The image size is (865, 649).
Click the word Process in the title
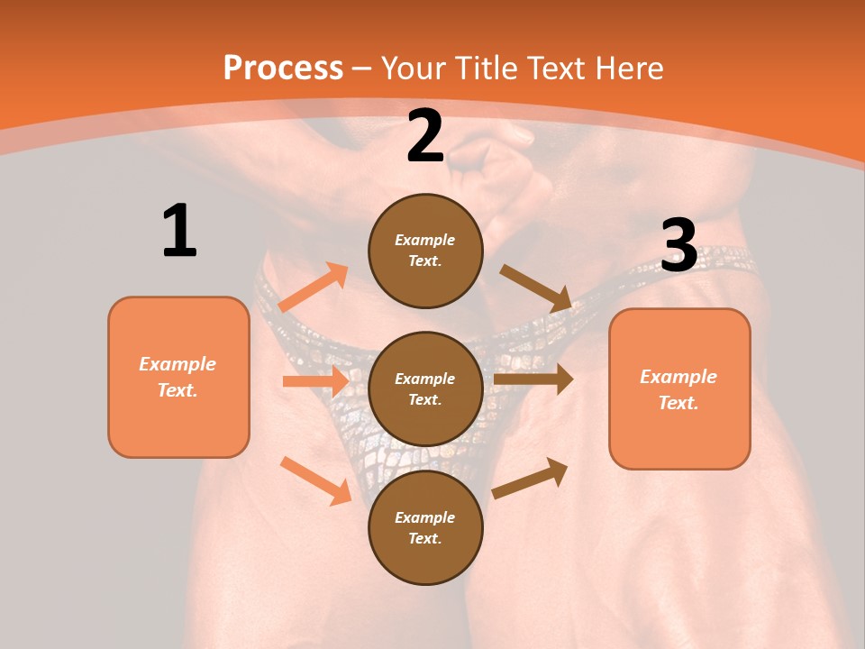[x=283, y=69]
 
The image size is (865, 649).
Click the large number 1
[x=179, y=232]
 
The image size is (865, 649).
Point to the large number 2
[x=425, y=136]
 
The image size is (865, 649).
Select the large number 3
[x=678, y=245]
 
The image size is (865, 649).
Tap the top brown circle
[x=425, y=251]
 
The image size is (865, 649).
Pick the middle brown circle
[x=425, y=388]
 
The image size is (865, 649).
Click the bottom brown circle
[x=425, y=527]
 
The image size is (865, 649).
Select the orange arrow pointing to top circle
[x=314, y=288]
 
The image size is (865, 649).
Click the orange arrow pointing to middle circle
[x=315, y=381]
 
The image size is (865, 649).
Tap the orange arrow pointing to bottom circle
[x=316, y=480]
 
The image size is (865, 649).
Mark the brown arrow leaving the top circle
[x=536, y=288]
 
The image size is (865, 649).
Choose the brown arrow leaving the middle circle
[x=533, y=379]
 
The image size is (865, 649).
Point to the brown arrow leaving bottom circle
[x=530, y=478]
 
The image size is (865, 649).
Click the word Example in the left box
[x=178, y=364]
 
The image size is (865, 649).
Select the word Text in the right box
[x=678, y=403]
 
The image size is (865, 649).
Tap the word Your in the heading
[x=413, y=69]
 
